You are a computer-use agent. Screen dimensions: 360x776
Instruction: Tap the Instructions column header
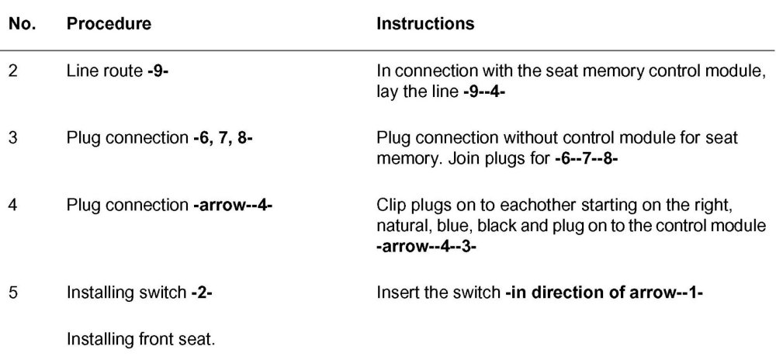pyautogui.click(x=424, y=24)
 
